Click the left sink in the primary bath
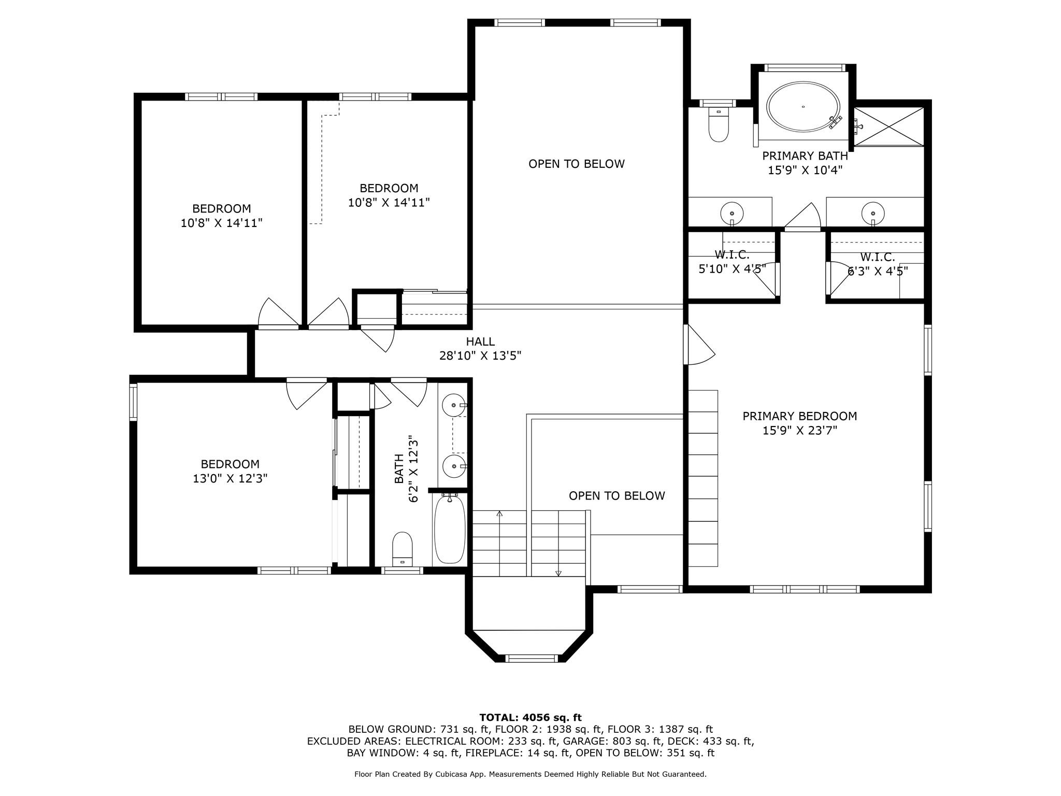732,212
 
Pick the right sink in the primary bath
872,212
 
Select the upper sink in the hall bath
454,405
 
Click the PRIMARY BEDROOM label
799,416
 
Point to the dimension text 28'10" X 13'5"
480,356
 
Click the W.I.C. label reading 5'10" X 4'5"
732,269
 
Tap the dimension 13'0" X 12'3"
230,478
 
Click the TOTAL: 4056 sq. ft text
530,718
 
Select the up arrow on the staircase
499,514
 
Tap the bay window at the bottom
532,658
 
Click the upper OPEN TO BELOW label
576,164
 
